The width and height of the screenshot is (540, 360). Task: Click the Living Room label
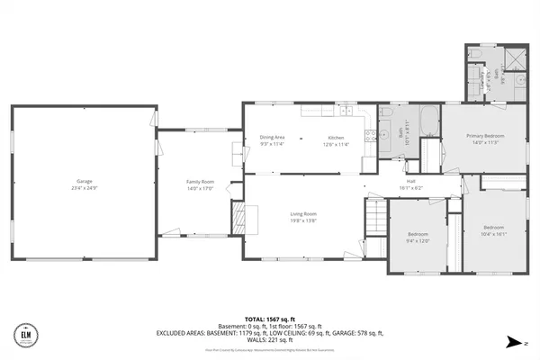coord(303,214)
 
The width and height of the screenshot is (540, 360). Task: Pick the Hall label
coord(410,181)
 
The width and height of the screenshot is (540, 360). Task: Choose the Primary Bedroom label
coord(485,136)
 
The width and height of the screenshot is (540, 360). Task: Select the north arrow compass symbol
coord(512,341)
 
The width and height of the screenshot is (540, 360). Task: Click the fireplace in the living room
coord(239,218)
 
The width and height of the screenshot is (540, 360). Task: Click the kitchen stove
coord(369,137)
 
